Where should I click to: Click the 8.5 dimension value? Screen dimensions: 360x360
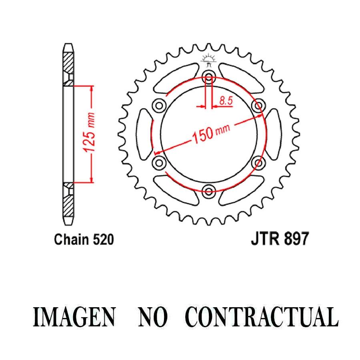coord(226,101)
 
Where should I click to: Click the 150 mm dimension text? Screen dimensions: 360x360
coord(210,133)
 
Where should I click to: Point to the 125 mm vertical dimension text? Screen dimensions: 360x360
coord(89,133)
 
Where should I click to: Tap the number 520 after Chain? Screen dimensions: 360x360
coord(103,240)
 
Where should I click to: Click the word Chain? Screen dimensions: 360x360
coord(72,240)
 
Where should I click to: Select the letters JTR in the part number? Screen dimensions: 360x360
coord(266,239)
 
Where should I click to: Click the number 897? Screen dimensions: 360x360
coord(296,239)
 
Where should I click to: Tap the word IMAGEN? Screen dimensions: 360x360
coord(74,317)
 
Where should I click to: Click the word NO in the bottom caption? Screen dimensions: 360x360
coord(153,317)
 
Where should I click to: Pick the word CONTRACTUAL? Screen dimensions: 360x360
coord(262,317)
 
